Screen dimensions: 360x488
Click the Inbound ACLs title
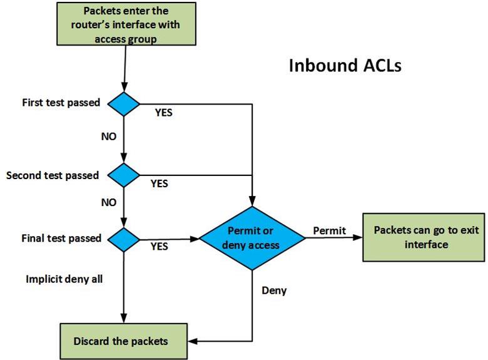click(345, 66)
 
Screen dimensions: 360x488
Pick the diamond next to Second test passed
click(125, 175)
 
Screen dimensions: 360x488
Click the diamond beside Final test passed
click(125, 239)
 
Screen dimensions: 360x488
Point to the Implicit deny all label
click(64, 279)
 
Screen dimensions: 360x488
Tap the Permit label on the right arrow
click(329, 230)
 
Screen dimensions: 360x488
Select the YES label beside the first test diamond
click(163, 114)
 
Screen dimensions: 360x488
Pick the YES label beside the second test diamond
click(160, 184)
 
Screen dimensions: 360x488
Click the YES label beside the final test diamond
click(160, 246)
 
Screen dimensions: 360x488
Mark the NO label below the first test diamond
click(108, 136)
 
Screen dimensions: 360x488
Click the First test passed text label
click(61, 102)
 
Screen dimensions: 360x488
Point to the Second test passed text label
click(53, 175)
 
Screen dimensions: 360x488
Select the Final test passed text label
click(61, 239)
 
